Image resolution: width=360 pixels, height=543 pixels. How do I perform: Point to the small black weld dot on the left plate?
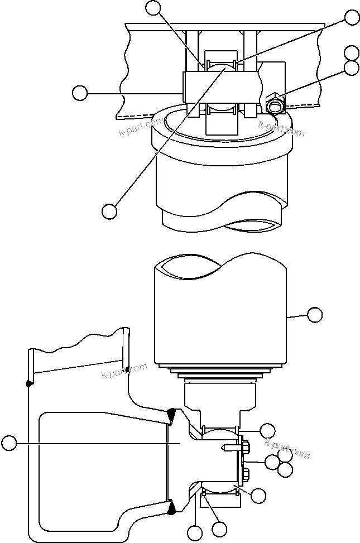(28, 383)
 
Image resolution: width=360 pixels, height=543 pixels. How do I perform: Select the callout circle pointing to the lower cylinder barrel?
(315, 315)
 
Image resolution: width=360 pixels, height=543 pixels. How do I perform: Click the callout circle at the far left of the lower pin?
(8, 444)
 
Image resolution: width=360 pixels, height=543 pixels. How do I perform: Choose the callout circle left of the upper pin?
(80, 93)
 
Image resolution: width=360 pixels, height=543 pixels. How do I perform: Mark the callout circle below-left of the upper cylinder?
(109, 211)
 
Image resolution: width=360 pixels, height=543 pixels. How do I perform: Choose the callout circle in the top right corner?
(352, 17)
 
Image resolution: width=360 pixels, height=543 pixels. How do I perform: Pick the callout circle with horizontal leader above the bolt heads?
(268, 430)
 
